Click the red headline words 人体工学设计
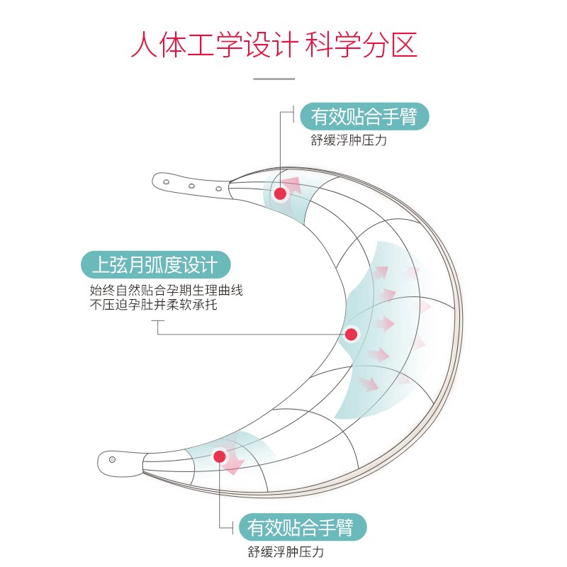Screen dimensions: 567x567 pos(213,44)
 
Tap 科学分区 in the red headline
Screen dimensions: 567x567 pos(361,44)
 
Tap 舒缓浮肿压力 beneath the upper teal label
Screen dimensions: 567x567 pos(349,140)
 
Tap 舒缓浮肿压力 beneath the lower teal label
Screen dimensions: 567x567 pos(291,552)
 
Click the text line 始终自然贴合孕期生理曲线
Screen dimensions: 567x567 pos(166,290)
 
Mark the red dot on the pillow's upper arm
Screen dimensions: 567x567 pos(280,193)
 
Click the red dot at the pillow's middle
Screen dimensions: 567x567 pos(352,334)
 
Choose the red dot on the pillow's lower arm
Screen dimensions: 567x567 pos(220,456)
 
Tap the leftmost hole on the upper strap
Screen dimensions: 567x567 pos(166,182)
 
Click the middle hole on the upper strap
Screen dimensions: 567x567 pos(191,186)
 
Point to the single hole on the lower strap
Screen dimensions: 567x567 pos(112,459)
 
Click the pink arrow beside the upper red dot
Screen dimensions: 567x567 pos(293,186)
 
